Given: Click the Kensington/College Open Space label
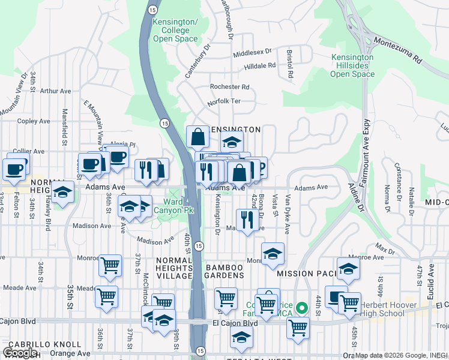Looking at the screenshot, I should pos(175,30).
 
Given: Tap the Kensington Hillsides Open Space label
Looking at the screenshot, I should pos(353,66).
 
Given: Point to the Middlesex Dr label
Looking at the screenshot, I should pos(252,53).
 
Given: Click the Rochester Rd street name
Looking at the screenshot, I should pos(229,87).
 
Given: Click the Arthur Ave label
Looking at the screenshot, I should pos(55,91).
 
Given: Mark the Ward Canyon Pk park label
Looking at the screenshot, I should pos(174,206).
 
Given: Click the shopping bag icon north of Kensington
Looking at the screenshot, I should pos(197,137).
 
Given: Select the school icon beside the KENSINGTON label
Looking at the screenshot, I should pos(232,143).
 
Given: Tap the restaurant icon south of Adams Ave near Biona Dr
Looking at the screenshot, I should pos(247,219).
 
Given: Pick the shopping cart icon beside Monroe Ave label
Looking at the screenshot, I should pos(110,265).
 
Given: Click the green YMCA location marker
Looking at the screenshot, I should pos(303,308).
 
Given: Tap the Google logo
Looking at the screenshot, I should pos(20,352).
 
